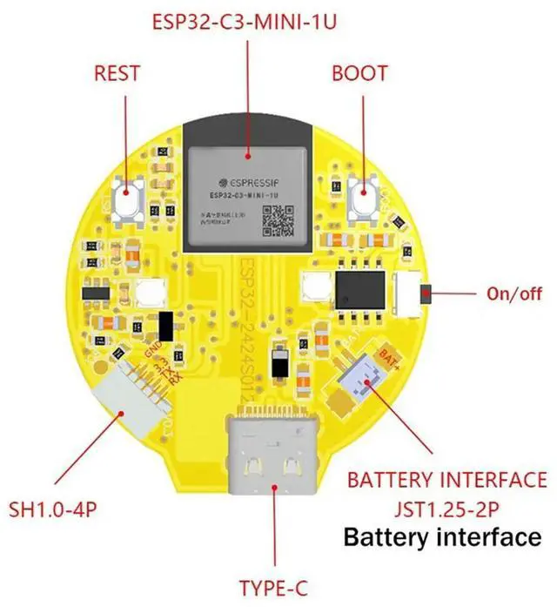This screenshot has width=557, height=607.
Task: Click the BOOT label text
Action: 359,72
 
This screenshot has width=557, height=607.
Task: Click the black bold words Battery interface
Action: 441,536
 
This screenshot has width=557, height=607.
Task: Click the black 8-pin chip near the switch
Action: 359,287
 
